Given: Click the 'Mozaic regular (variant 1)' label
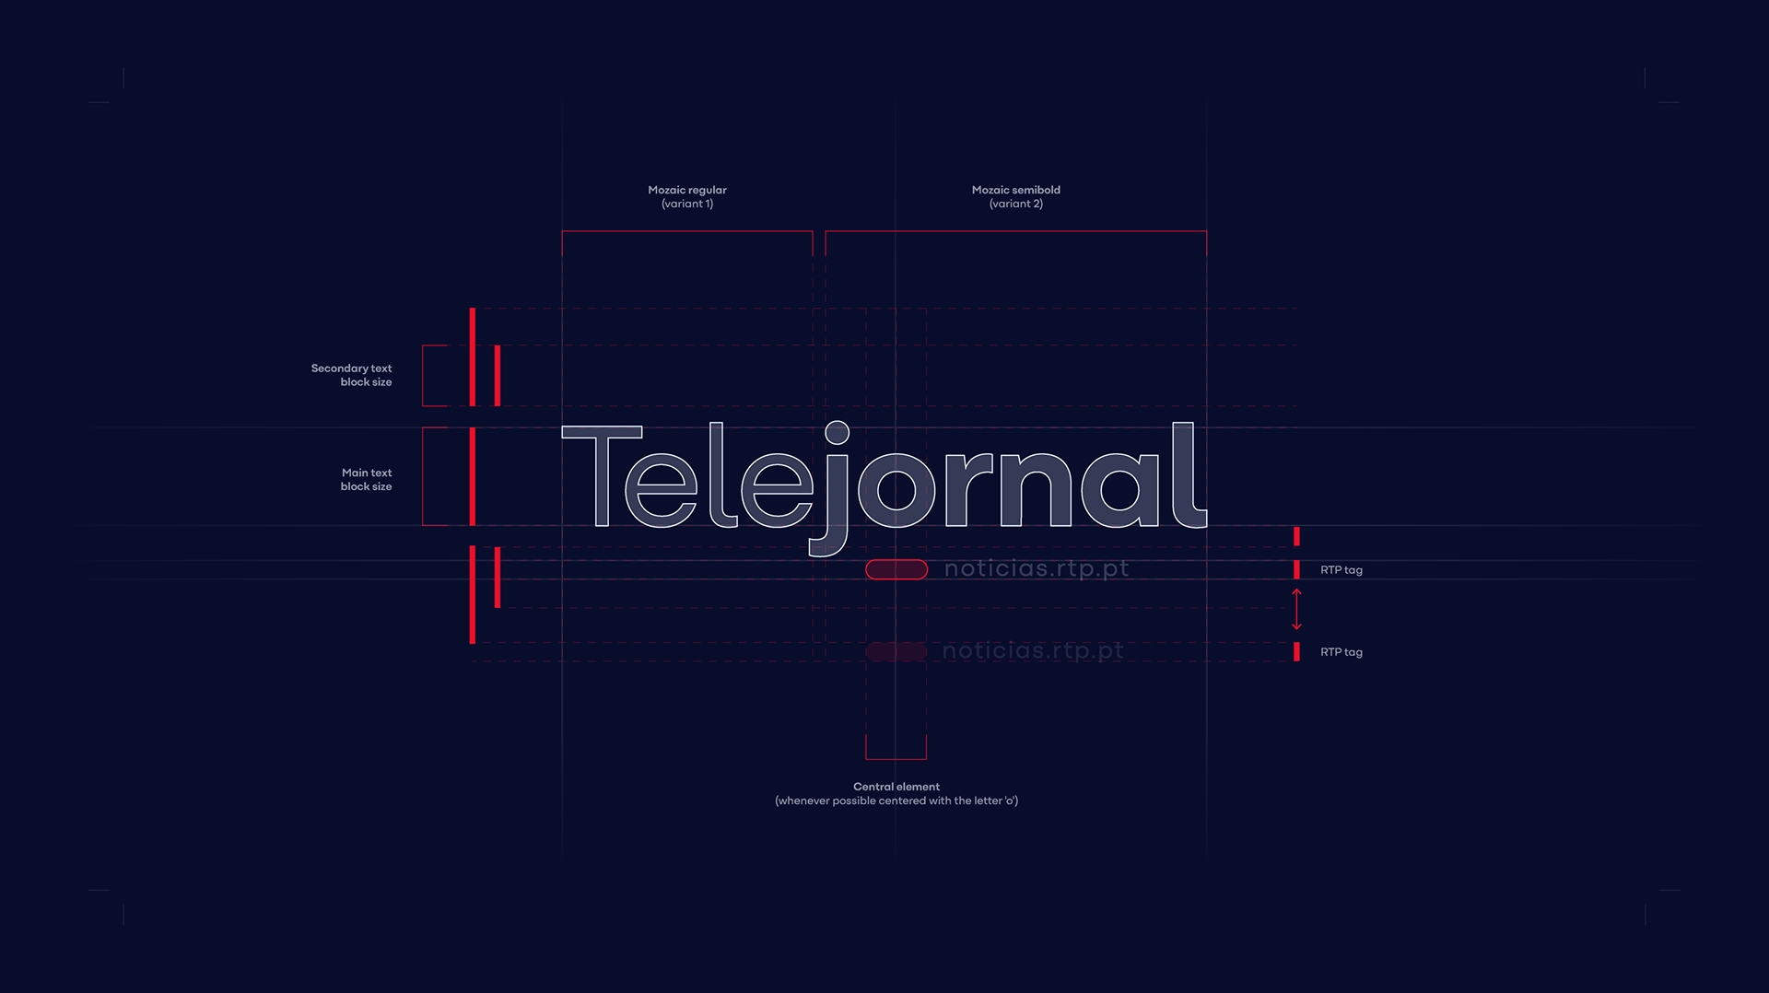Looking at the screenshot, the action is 687,196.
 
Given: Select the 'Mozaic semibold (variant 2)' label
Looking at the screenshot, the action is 1015,196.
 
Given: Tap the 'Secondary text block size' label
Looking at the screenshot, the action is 351,375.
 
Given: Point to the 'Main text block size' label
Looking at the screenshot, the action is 366,479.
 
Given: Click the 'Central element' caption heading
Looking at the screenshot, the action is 896,787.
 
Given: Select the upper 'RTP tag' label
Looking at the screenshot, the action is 1341,570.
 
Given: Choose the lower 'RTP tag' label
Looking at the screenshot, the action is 1341,652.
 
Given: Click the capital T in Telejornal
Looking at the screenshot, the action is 602,474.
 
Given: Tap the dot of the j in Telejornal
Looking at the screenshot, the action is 837,433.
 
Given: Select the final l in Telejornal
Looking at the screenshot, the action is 1187,475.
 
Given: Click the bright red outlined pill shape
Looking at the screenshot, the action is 896,570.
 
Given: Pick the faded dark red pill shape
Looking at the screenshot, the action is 896,652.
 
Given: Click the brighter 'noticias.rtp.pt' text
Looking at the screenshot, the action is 1037,569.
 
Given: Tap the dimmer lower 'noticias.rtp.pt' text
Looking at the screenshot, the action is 1033,651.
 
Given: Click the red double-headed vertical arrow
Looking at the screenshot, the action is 1296,610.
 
